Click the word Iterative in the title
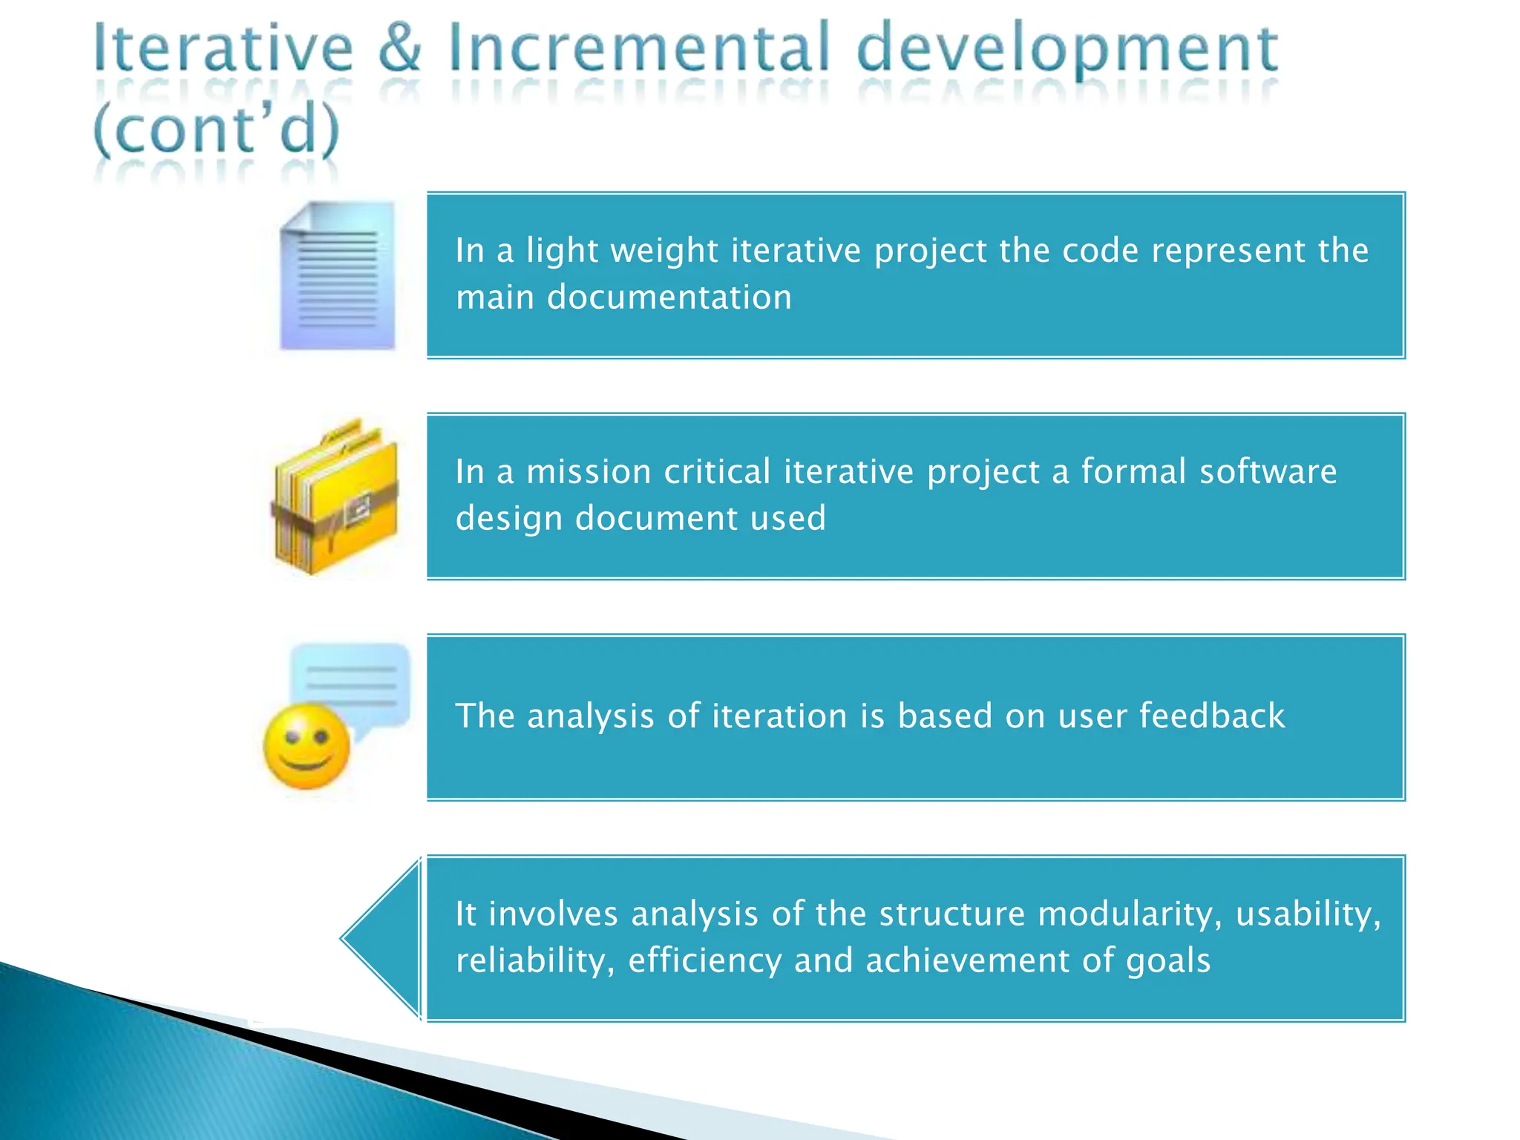[223, 48]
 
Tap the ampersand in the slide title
[400, 48]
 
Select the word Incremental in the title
[638, 48]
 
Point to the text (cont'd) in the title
[216, 130]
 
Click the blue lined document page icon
[338, 275]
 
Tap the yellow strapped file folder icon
[336, 497]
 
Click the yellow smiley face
[307, 747]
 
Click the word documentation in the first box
[669, 298]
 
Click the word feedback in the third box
[1211, 716]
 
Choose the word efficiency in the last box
[704, 961]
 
